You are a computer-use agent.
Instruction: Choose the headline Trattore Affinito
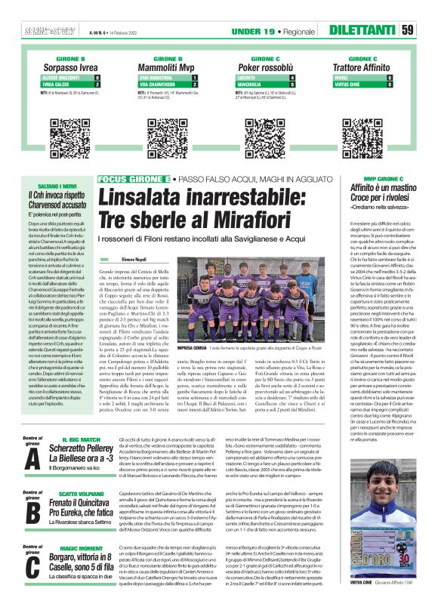pyautogui.click(x=380, y=66)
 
